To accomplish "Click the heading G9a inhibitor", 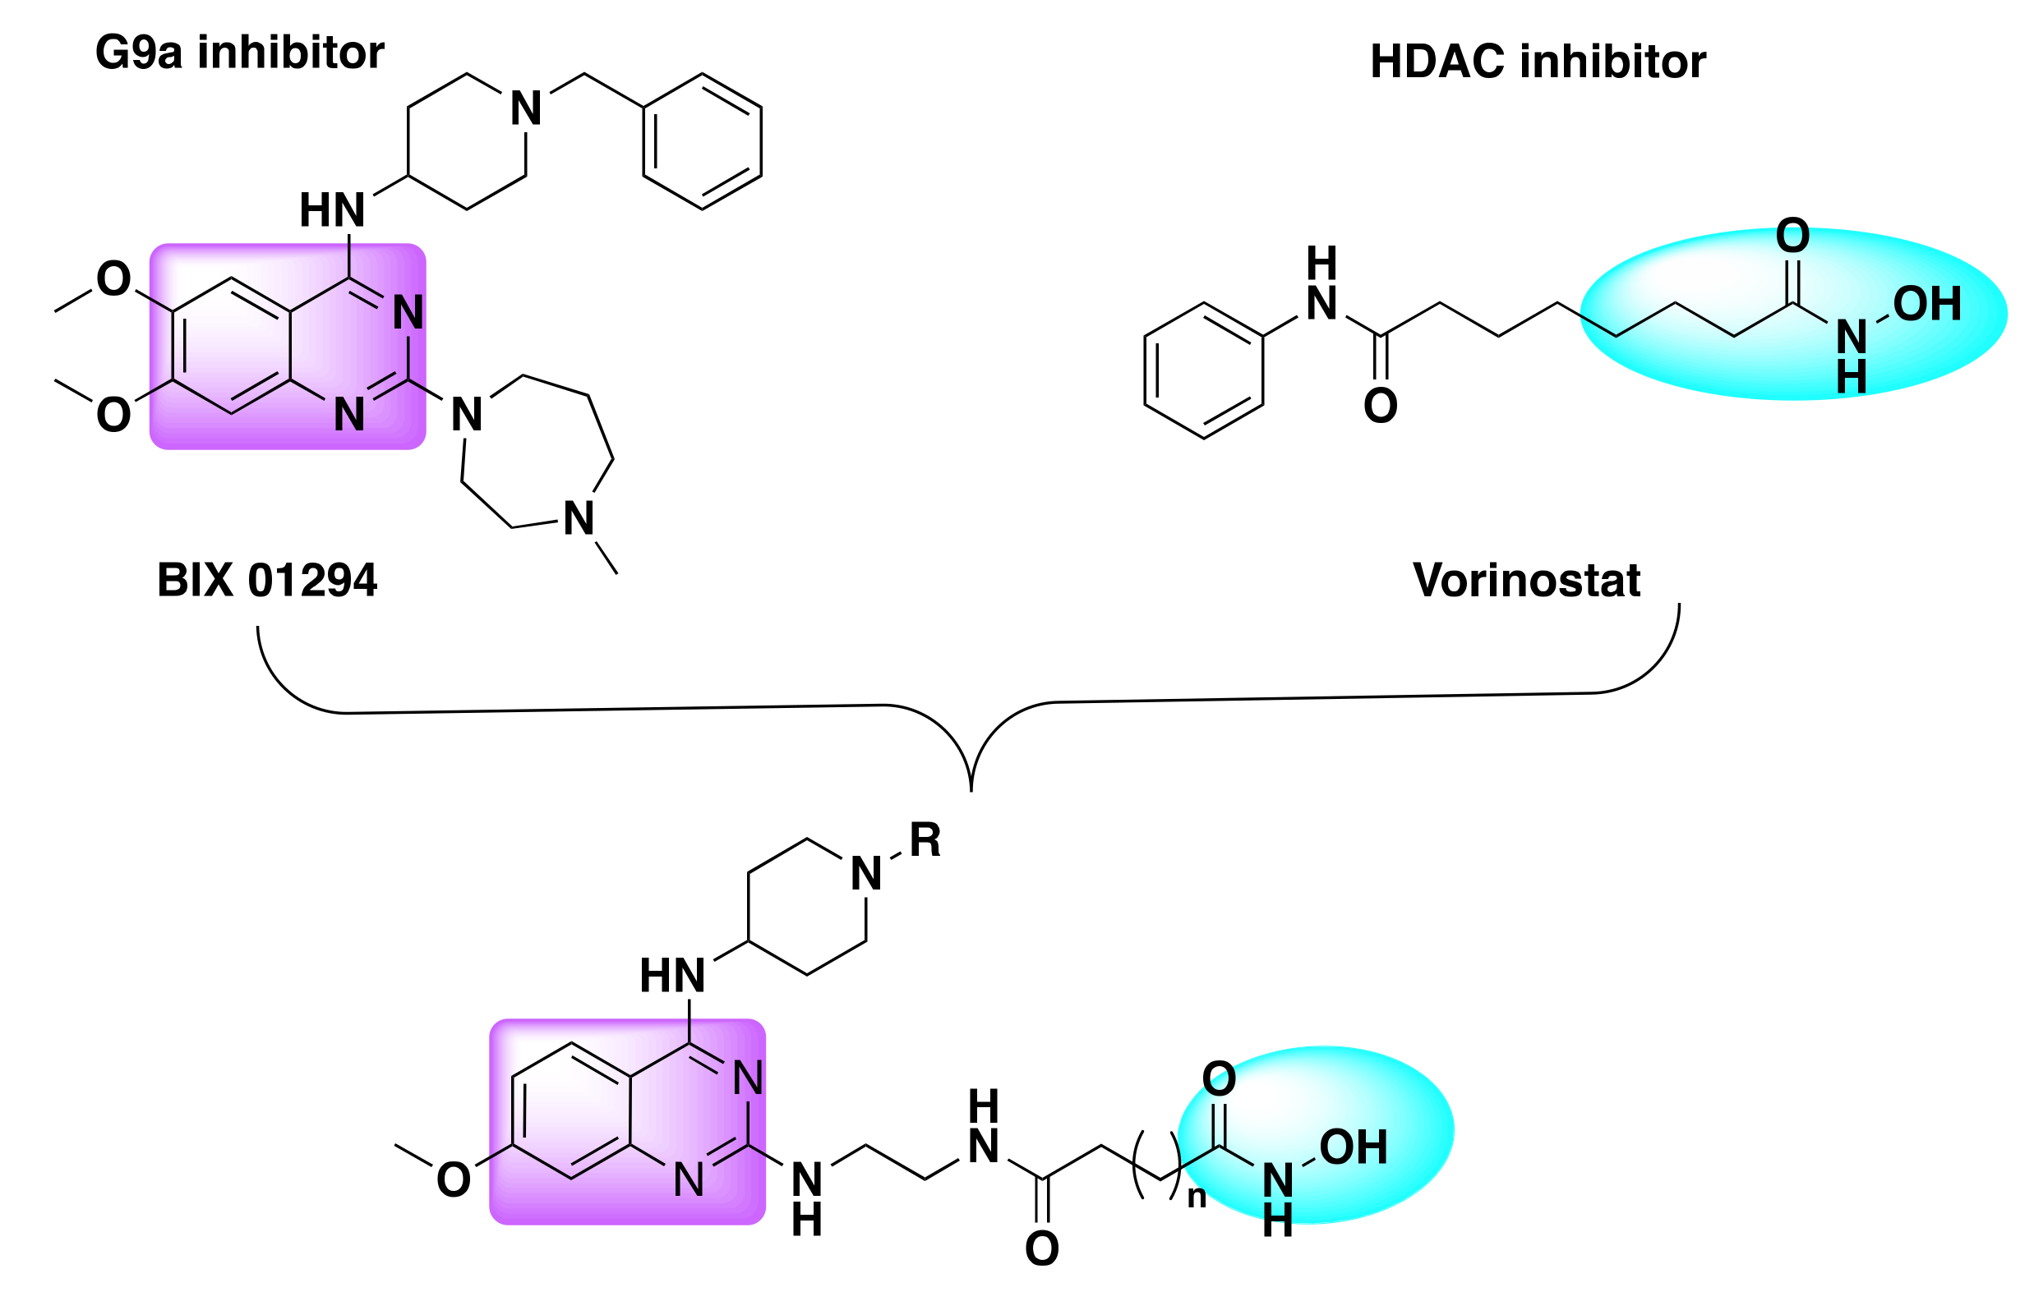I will point(239,53).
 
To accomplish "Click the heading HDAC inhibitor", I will point(1537,62).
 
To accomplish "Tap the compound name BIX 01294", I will point(267,581).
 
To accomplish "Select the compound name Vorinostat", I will point(1526,581).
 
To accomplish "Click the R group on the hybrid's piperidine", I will point(925,840).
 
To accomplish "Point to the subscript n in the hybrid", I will point(1197,1197).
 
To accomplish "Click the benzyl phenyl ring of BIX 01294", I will point(702,141).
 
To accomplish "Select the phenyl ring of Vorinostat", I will point(1203,370).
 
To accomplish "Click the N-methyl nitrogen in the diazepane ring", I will point(579,519).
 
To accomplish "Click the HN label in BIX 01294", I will point(332,210).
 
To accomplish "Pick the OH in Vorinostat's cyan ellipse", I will point(1926,304).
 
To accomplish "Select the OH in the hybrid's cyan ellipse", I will point(1353,1147).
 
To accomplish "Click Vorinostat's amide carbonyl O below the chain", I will point(1380,407).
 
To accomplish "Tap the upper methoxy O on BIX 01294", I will point(113,278).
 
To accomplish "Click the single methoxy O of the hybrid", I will point(453,1180).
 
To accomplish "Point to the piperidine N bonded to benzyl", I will point(526,109).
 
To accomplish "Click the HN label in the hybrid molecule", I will point(671,976).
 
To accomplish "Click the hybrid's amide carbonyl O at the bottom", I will point(1041,1248).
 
